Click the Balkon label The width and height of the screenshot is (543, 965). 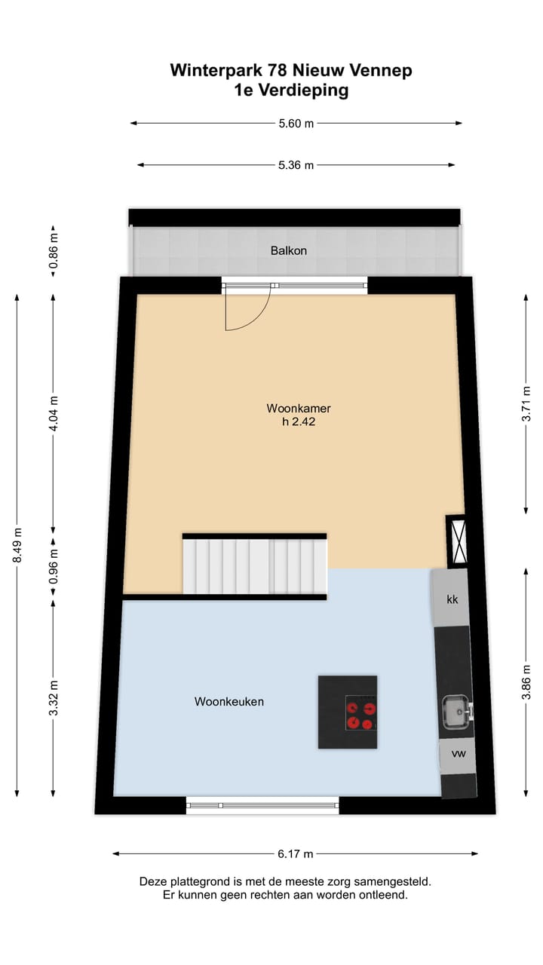coord(289,250)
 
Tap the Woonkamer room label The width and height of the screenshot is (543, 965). coord(299,409)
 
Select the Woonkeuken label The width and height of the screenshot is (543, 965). coord(229,701)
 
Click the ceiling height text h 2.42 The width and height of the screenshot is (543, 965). coord(299,422)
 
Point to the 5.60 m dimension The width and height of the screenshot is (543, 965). coord(296,124)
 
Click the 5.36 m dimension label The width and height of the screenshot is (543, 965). coord(296,165)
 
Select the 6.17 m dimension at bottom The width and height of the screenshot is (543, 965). coord(295,854)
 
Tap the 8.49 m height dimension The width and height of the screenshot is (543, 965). coord(17,545)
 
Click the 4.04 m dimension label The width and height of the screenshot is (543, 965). coord(53,413)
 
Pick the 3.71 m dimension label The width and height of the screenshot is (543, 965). coord(526,403)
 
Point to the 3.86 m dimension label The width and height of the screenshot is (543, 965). coord(526,682)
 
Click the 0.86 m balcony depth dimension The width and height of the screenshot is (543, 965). coord(53,251)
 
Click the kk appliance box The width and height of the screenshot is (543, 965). coord(452,599)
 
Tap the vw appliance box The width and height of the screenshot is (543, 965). coord(458,754)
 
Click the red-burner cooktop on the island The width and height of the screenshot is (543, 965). coord(360,713)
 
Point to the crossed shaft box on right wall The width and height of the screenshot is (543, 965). coord(456,541)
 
